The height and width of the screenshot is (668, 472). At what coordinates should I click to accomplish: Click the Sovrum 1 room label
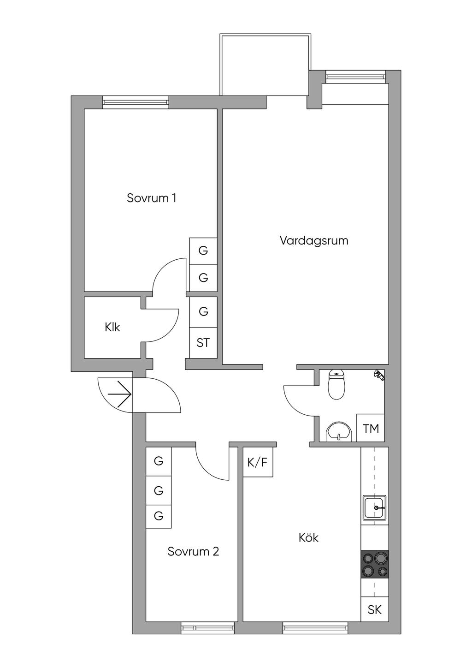152,198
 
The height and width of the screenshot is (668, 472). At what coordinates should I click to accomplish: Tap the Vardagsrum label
314,241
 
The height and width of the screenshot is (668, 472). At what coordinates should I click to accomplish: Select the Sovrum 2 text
193,552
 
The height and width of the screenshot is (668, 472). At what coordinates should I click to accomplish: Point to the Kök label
308,538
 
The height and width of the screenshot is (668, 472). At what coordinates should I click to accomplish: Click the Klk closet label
112,328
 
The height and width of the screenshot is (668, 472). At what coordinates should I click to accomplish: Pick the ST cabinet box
203,343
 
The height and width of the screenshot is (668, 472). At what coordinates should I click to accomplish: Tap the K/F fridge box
258,462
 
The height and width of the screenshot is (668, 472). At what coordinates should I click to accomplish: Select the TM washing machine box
371,429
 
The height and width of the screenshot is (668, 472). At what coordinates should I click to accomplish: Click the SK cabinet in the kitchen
375,610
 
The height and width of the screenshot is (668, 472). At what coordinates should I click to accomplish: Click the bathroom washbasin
339,432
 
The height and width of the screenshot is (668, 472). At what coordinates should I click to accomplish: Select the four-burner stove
375,565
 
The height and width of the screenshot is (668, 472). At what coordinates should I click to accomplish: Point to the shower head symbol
379,375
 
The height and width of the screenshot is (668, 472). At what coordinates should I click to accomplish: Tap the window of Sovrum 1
136,102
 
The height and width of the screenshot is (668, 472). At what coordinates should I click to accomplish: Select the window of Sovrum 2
207,628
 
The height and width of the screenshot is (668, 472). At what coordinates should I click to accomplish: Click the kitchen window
315,628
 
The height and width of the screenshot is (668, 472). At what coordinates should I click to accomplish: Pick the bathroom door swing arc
295,399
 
